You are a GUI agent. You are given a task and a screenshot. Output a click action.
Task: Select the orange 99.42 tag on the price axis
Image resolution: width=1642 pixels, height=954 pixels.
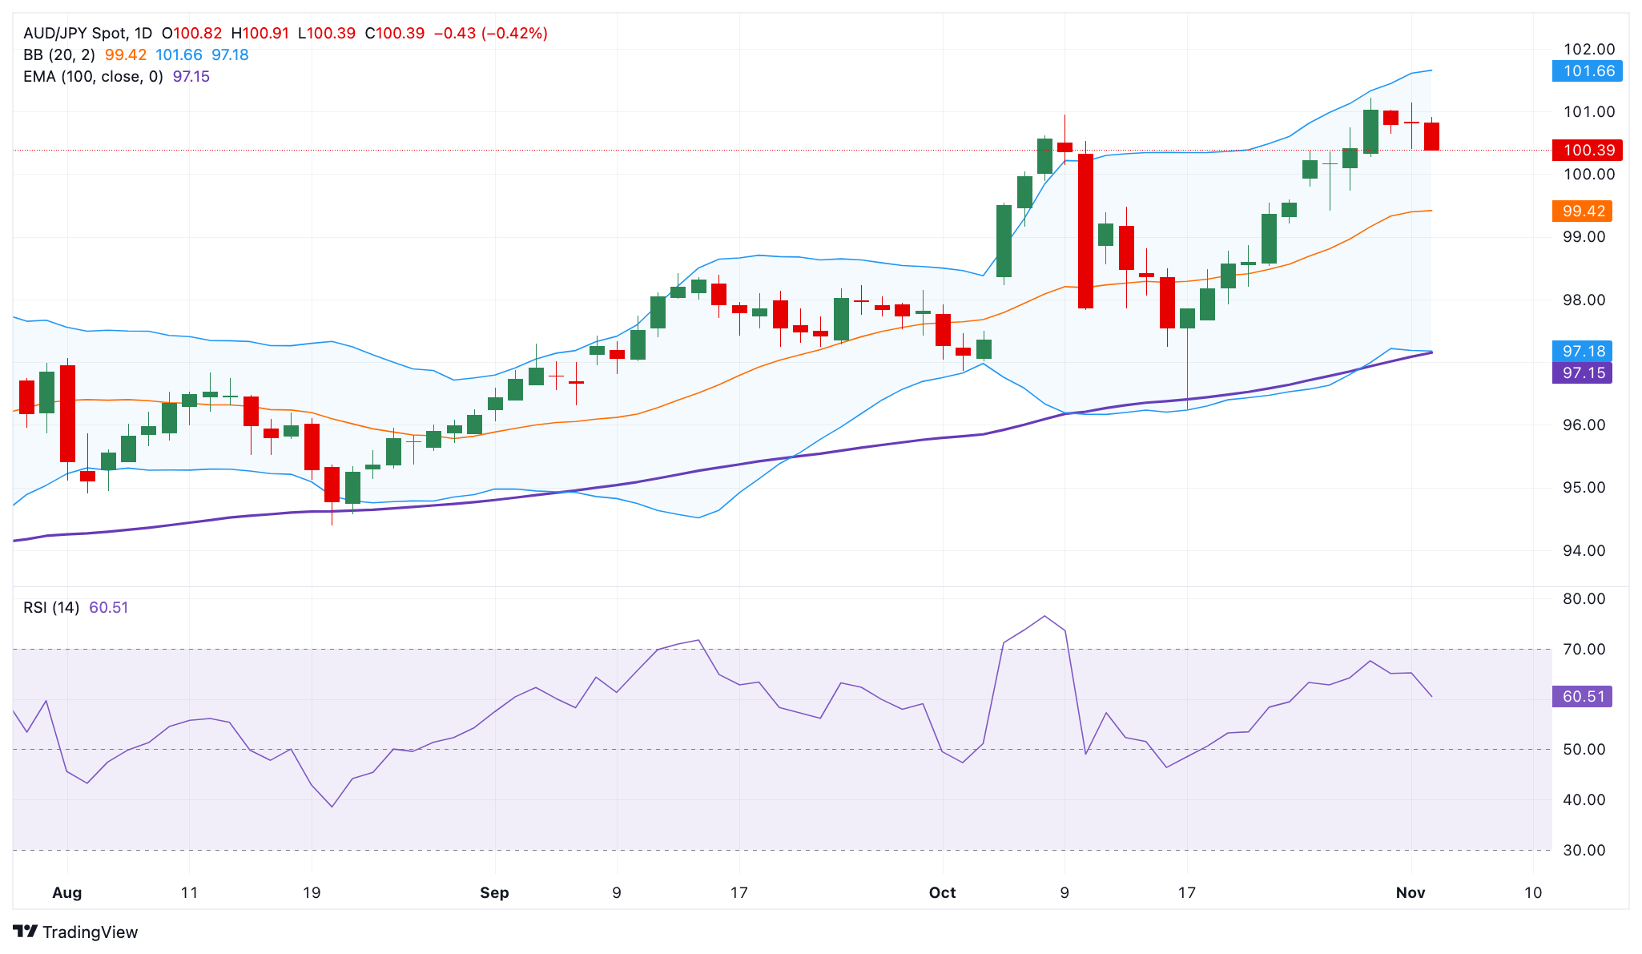point(1582,211)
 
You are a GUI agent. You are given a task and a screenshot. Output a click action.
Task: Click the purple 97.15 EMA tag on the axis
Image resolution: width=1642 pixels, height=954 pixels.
point(1582,372)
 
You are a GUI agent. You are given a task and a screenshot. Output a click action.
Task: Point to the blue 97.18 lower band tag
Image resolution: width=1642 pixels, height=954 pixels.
point(1582,351)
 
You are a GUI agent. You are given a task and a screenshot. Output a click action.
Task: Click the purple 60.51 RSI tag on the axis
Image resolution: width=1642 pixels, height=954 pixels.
point(1582,696)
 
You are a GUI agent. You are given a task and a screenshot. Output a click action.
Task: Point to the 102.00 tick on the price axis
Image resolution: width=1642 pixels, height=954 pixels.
point(1589,50)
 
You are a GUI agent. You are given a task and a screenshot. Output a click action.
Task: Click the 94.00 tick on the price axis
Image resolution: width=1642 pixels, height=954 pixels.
point(1584,550)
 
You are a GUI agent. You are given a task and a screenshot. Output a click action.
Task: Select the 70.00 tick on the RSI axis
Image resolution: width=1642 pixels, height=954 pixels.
point(1584,649)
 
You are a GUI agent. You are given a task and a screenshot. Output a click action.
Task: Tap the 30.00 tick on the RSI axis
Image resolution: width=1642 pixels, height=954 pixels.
point(1584,850)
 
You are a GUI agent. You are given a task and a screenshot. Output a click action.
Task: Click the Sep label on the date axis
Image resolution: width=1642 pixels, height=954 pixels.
point(494,892)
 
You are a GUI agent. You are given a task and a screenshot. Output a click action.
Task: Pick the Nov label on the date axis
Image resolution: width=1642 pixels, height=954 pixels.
point(1410,892)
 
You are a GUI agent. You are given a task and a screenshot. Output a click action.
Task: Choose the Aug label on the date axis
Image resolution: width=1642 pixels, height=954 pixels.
point(66,892)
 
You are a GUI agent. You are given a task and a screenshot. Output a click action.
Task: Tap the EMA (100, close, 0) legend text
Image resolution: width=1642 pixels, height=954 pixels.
point(93,77)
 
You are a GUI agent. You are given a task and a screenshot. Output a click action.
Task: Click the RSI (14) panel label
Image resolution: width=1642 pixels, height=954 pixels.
point(51,607)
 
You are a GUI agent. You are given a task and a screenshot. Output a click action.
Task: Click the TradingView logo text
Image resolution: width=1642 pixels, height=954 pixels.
point(89,932)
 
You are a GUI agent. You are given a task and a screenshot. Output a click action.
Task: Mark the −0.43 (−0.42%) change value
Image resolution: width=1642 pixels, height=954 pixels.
point(490,34)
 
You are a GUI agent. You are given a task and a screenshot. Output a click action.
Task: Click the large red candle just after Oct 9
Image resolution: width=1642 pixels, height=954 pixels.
point(1085,231)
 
